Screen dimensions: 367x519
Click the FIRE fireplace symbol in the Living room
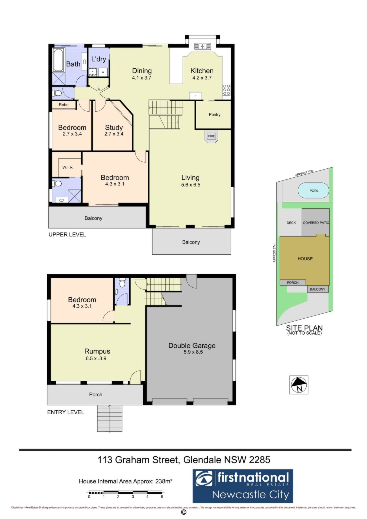pos(211,137)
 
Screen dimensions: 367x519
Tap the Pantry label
pos(214,115)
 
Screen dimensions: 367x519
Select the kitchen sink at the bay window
pos(203,46)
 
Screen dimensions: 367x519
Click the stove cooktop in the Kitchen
pos(226,89)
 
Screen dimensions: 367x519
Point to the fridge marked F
pos(195,96)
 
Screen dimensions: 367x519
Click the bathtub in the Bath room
pos(58,60)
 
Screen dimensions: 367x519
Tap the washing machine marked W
pos(103,72)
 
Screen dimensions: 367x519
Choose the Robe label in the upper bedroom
pos(64,105)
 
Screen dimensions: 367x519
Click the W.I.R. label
pos(68,167)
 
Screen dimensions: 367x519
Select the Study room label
pos(114,127)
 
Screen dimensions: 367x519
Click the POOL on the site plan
pos(313,191)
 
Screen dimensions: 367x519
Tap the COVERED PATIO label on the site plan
pos(316,223)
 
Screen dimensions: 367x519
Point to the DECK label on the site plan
pos(291,223)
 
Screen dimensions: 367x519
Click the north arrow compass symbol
pos(299,385)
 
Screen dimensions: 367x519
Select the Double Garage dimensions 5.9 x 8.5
pos(193,352)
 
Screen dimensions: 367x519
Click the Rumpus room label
pos(97,351)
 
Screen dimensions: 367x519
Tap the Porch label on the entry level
pos(96,394)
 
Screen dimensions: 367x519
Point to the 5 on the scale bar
pos(162,497)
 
